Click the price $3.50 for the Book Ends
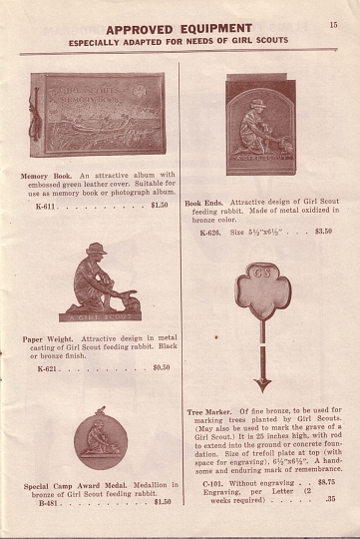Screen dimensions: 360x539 [x=323, y=232]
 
